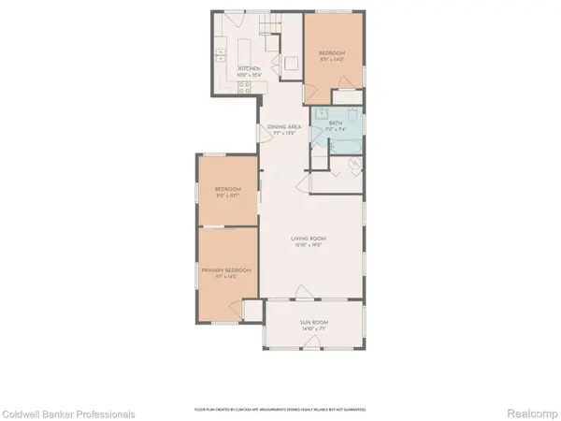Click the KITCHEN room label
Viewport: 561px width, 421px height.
pyautogui.click(x=248, y=70)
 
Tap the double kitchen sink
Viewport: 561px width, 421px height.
pyautogui.click(x=221, y=56)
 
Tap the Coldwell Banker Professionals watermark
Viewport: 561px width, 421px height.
pyautogui.click(x=67, y=414)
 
